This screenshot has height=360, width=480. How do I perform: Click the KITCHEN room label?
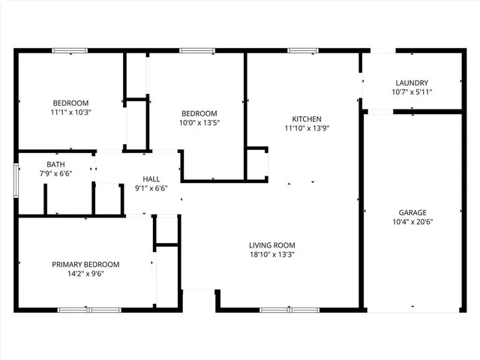(x=307, y=119)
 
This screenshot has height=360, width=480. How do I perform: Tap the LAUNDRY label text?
(x=412, y=83)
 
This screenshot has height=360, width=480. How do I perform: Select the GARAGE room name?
(x=413, y=212)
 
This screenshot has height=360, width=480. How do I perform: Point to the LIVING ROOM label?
(x=272, y=245)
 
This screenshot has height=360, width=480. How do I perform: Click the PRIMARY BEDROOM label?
(x=85, y=265)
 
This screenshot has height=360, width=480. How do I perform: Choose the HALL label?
(x=151, y=179)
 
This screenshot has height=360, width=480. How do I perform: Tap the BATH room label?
(x=55, y=164)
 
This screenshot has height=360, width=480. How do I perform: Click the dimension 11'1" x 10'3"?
(x=70, y=112)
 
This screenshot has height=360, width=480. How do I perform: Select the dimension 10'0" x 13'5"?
(x=199, y=122)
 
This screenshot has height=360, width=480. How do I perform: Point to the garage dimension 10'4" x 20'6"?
(x=413, y=222)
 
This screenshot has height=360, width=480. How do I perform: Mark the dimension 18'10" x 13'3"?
(x=272, y=254)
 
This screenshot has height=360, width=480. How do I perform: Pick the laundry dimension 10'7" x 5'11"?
(x=412, y=92)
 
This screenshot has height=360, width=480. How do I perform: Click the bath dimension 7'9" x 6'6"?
(x=55, y=173)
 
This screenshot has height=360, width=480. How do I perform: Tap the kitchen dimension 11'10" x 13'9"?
(x=307, y=128)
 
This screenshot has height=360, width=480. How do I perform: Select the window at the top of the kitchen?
(x=301, y=51)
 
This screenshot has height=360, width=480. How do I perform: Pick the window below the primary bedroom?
(x=79, y=309)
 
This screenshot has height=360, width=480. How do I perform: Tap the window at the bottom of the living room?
(x=279, y=309)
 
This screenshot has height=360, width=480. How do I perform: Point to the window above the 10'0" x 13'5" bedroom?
(x=196, y=51)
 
